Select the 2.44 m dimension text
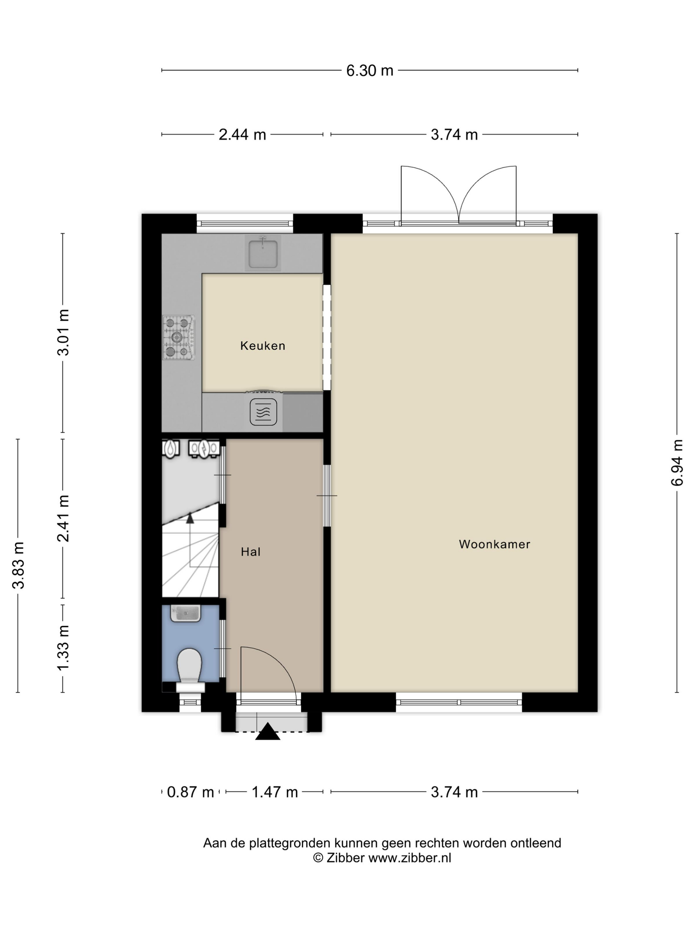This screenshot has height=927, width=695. (x=242, y=134)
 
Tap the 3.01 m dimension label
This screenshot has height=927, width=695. (x=63, y=332)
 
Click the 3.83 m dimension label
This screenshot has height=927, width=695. (x=18, y=565)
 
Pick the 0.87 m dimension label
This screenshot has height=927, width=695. (x=191, y=792)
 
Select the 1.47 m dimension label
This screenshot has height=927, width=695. (x=275, y=792)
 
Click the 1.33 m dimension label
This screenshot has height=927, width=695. (x=63, y=648)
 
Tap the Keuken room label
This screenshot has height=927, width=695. (x=263, y=346)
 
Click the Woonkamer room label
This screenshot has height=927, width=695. (x=494, y=544)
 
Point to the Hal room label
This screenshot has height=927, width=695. (x=251, y=552)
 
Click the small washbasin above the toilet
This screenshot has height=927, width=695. (x=186, y=613)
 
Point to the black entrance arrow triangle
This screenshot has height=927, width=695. (x=268, y=731)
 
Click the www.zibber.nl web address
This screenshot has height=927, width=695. (x=410, y=858)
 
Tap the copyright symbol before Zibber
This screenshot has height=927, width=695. (x=318, y=858)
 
